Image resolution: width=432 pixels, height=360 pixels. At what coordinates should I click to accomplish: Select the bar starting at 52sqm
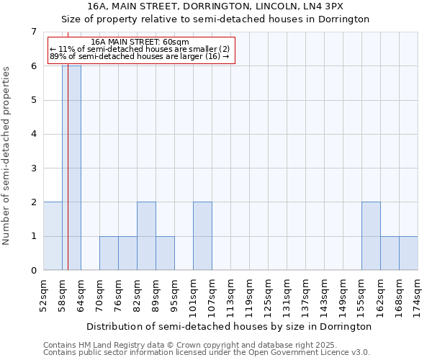point(53,236)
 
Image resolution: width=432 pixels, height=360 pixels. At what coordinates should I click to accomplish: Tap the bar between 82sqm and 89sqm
point(146,236)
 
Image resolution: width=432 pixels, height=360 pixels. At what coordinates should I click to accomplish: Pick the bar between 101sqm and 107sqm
point(202,236)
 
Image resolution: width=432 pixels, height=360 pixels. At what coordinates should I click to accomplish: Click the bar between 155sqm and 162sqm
point(371,236)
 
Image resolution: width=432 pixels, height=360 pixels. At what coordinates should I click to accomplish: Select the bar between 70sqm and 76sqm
point(109,253)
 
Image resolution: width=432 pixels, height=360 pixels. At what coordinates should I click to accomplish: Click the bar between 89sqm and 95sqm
point(165,253)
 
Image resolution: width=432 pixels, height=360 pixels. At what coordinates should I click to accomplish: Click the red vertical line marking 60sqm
point(68,180)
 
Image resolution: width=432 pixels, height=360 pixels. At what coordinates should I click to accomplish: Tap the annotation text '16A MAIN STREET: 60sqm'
point(140,42)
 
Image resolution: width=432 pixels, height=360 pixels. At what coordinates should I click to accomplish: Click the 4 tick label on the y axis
point(33,134)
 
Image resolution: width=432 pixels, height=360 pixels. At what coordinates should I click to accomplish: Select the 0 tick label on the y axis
point(33,271)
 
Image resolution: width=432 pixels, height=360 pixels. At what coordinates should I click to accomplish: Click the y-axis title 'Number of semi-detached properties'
point(7,155)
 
